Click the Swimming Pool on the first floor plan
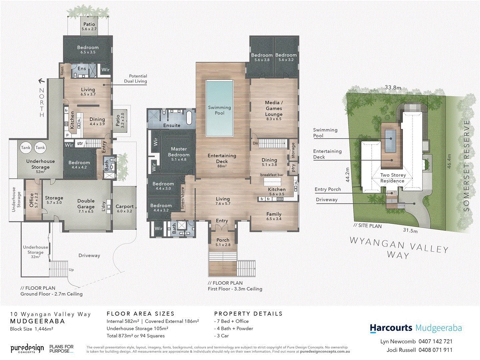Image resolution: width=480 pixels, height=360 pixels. pyautogui.click(x=219, y=108)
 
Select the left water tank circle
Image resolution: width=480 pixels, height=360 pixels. pyautogui.click(x=26, y=148)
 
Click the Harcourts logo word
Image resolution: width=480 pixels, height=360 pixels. pyautogui.click(x=391, y=328)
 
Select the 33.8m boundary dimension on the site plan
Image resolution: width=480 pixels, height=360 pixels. pyautogui.click(x=393, y=88)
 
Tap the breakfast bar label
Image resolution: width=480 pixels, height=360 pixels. pyautogui.click(x=272, y=175)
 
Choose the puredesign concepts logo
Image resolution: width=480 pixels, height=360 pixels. pyautogui.click(x=27, y=349)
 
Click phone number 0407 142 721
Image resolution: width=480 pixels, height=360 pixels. pyautogui.click(x=435, y=341)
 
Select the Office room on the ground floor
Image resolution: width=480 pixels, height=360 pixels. pyautogui.click(x=33, y=200)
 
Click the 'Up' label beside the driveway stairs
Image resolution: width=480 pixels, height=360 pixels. pyautogui.click(x=71, y=270)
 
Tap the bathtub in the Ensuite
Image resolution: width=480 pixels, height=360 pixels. pyautogui.click(x=189, y=118)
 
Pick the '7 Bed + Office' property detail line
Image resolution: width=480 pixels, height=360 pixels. pyautogui.click(x=232, y=321)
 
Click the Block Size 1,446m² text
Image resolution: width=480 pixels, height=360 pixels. pyautogui.click(x=32, y=329)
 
